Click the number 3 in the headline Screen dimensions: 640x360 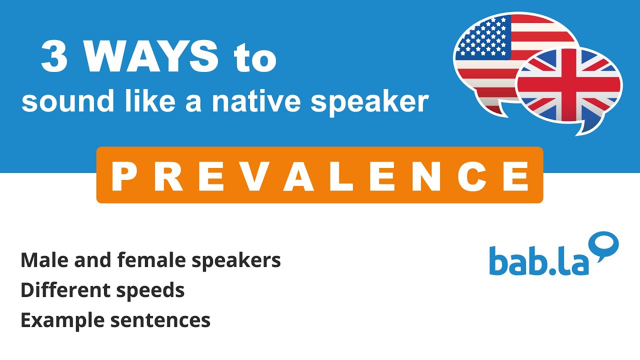click(x=54, y=56)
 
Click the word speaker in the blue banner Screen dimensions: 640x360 click(x=370, y=103)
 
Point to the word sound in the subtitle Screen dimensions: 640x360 click(x=67, y=101)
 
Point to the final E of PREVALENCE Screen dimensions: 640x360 click(x=516, y=176)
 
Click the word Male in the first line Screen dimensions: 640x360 click(x=44, y=260)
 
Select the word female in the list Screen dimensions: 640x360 click(x=151, y=260)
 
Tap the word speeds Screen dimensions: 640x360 click(x=150, y=291)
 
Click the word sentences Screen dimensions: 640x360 click(x=160, y=321)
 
